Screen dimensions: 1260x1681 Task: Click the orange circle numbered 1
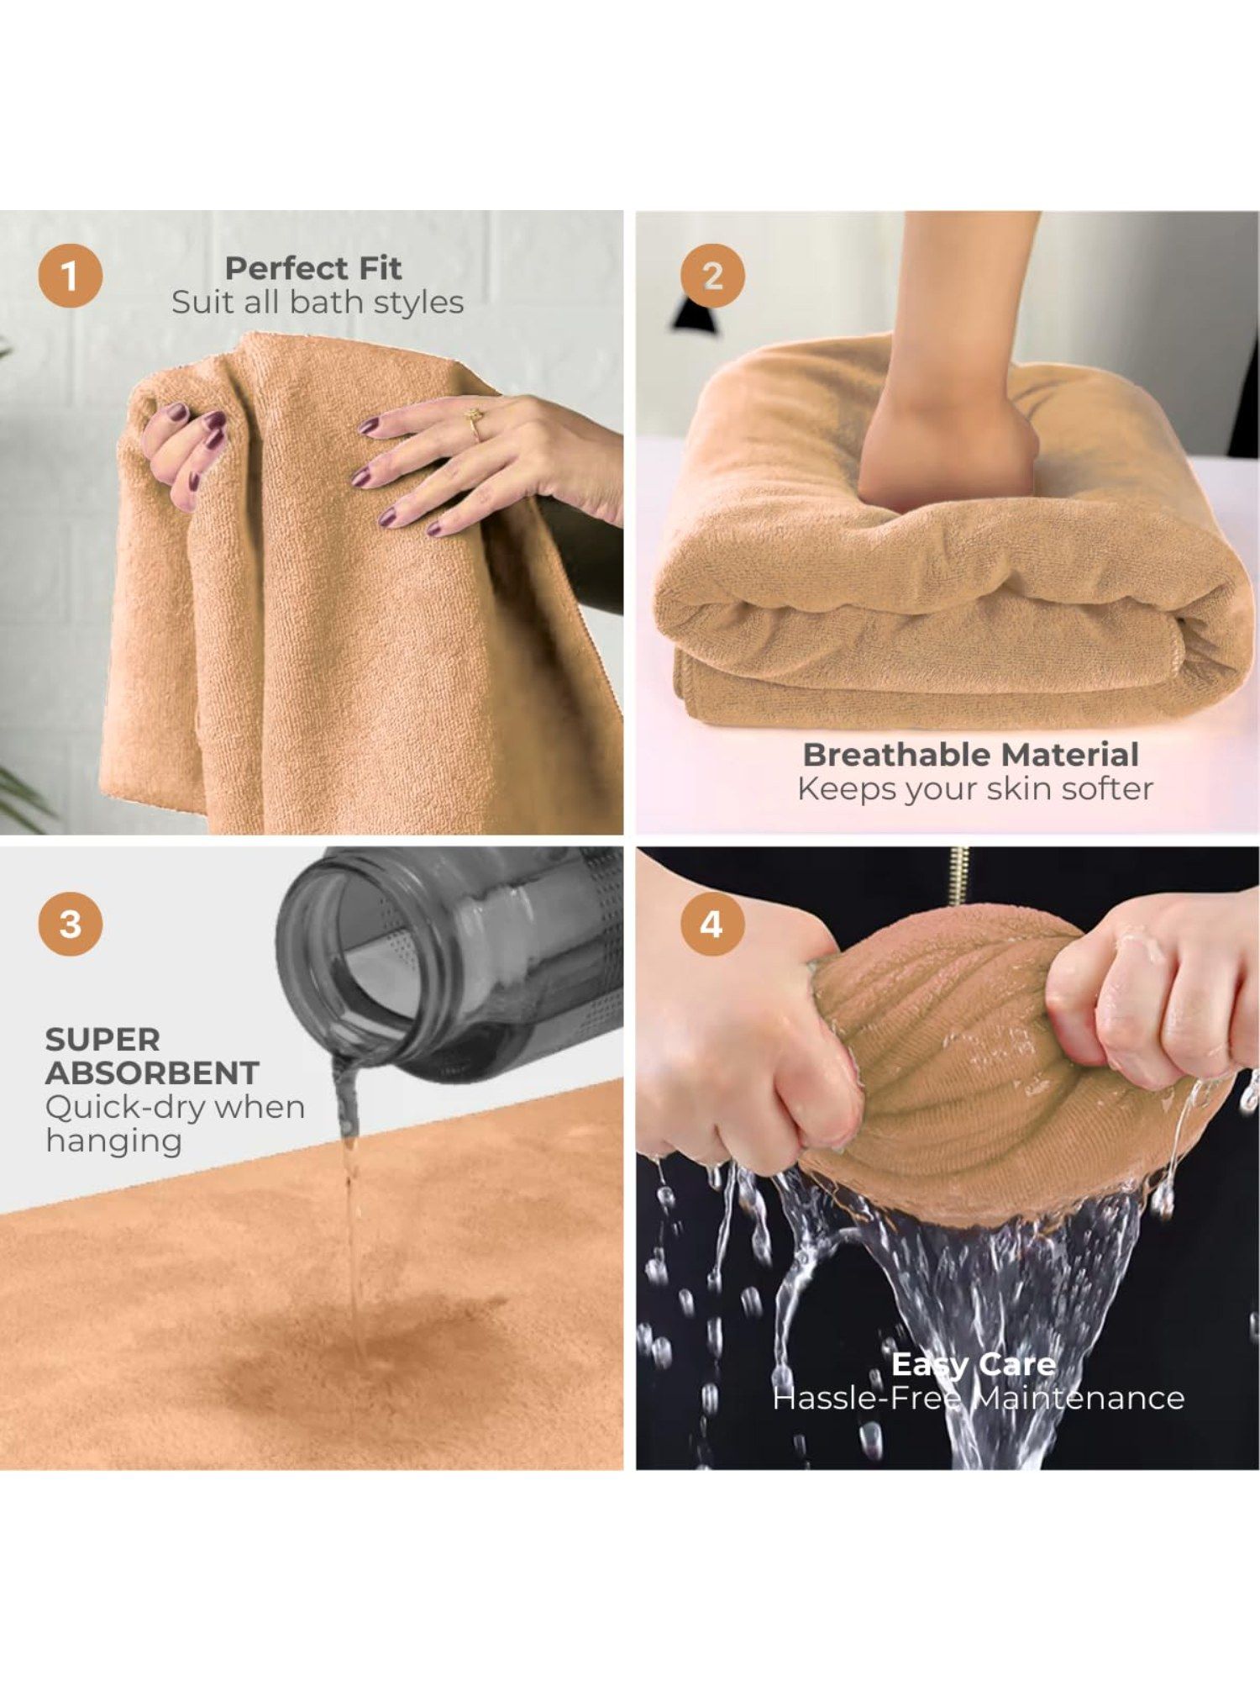tap(71, 276)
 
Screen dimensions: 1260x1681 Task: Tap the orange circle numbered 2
tap(712, 276)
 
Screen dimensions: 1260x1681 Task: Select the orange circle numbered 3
tap(71, 924)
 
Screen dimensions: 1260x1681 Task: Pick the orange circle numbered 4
tap(711, 924)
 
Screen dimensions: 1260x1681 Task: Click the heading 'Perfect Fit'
tap(313, 268)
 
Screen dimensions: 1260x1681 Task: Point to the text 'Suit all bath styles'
tap(318, 303)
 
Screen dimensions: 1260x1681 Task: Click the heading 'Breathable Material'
tap(971, 754)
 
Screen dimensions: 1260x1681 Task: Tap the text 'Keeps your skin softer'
tap(975, 788)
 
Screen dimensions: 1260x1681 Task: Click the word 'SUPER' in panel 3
tap(102, 1040)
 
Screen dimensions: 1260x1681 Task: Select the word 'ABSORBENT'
tap(152, 1073)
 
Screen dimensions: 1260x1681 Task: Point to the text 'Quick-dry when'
tap(175, 1108)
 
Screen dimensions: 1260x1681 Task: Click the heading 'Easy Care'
tap(974, 1363)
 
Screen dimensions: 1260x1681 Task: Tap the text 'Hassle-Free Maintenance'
tap(979, 1398)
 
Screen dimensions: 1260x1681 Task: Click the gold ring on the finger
tap(475, 424)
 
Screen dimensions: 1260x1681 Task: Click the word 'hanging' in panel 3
tap(114, 1142)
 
